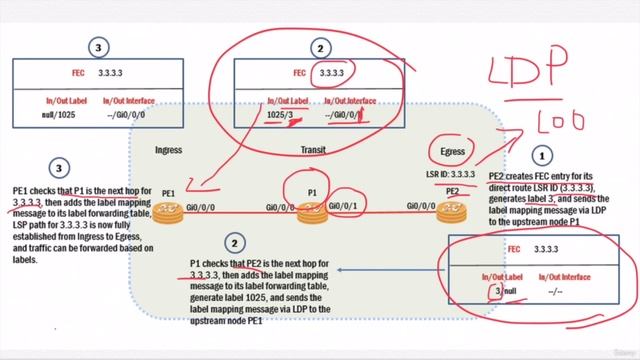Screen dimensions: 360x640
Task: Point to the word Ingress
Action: (x=167, y=150)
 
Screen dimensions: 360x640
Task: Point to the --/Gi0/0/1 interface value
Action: (x=345, y=115)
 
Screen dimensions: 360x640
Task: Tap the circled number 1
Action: (x=543, y=156)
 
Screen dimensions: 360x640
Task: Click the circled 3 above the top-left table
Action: (x=97, y=46)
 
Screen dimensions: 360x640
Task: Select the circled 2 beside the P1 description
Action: (x=234, y=242)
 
